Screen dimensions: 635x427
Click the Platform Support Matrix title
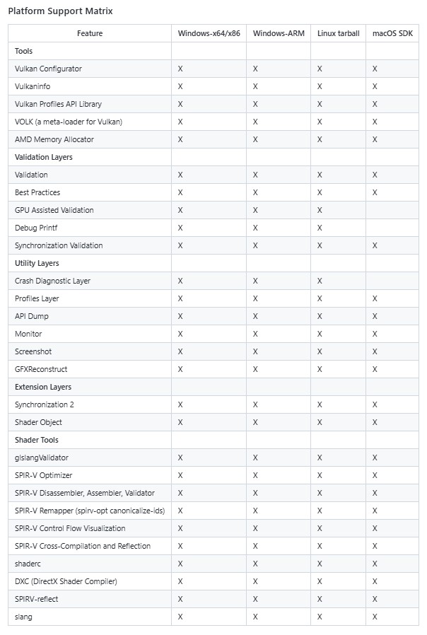[60, 11]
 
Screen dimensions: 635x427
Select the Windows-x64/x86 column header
[208, 33]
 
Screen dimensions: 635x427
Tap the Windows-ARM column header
[279, 33]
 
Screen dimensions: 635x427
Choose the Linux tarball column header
[338, 33]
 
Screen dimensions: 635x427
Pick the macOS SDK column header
[392, 33]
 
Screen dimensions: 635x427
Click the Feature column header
[90, 33]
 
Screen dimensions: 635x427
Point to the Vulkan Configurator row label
[48, 69]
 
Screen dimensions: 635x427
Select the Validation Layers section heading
[44, 157]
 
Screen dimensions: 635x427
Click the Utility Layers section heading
[37, 263]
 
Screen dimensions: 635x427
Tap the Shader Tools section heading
[37, 440]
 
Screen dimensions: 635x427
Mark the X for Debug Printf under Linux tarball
[320, 228]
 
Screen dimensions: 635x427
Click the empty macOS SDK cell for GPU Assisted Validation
[392, 210]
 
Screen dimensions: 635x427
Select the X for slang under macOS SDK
[375, 617]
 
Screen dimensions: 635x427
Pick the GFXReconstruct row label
[41, 369]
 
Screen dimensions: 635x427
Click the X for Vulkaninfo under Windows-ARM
[255, 86]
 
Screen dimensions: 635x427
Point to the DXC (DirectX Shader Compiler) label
[66, 581]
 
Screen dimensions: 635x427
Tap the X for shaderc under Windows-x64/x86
[180, 564]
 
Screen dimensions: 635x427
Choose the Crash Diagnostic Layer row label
[52, 281]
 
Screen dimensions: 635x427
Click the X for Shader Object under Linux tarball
[320, 422]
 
